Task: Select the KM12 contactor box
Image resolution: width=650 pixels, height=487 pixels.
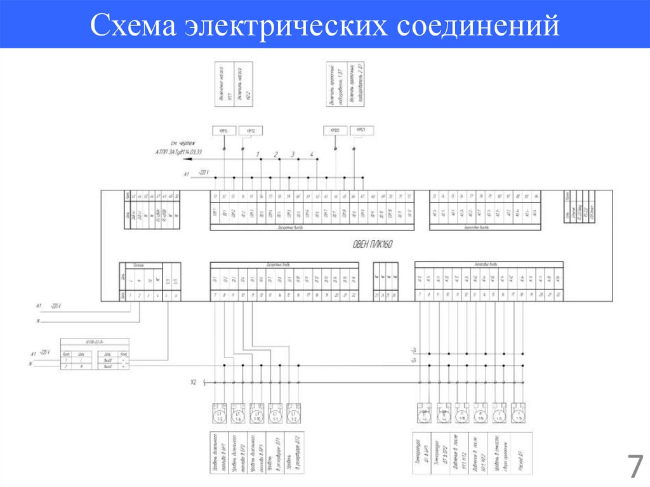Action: [251, 131]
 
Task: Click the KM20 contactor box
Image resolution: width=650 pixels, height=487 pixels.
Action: [335, 130]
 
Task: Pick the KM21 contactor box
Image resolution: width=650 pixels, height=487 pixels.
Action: [361, 130]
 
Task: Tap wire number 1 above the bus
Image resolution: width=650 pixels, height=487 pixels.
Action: [258, 155]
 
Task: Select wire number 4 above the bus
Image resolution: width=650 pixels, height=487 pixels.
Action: [312, 155]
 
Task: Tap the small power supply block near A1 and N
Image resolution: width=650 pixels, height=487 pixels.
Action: [94, 355]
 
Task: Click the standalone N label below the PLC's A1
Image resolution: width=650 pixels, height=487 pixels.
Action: [39, 321]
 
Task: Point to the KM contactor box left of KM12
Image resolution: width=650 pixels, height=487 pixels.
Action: [223, 131]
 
